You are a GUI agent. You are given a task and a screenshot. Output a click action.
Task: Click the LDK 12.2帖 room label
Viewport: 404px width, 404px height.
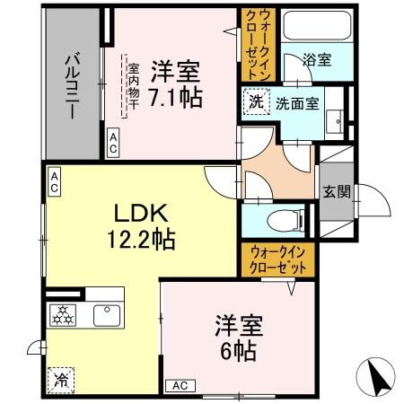point(141,227)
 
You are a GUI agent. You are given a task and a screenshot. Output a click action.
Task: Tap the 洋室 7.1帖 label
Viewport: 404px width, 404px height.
point(176,83)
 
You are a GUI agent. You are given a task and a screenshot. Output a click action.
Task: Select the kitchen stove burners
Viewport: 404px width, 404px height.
point(64,315)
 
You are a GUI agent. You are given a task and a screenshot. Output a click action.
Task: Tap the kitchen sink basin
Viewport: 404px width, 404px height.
point(105,315)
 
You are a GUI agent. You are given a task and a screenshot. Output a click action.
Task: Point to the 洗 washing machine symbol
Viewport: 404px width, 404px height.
point(256,102)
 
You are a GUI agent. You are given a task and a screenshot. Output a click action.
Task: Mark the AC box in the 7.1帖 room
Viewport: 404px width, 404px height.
point(114,140)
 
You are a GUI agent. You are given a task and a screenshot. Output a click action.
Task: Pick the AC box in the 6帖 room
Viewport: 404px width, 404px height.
point(179,385)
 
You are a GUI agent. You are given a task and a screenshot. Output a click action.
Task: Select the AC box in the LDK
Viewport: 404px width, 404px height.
point(53,183)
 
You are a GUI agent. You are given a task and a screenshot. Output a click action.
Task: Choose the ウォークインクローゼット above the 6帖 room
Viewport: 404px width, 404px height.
point(278,261)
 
